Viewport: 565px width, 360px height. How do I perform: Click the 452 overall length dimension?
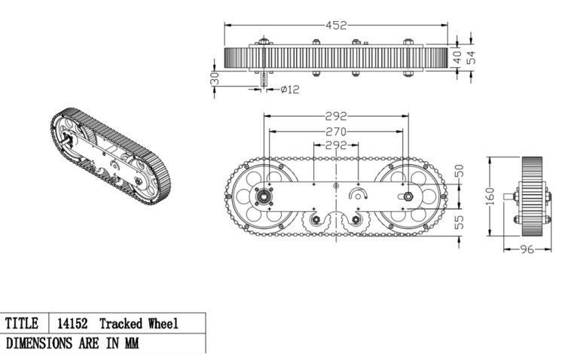336,25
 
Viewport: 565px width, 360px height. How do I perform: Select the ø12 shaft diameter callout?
290,90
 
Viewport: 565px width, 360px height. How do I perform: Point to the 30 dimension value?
215,78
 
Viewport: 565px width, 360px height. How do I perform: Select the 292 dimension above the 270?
336,116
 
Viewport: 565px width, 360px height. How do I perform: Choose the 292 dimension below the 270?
336,145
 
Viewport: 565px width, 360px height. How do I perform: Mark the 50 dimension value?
460,171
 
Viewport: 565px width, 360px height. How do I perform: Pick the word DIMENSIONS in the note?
38,343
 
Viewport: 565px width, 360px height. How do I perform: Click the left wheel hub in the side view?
264,197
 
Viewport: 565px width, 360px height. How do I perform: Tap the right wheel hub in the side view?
408,197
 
